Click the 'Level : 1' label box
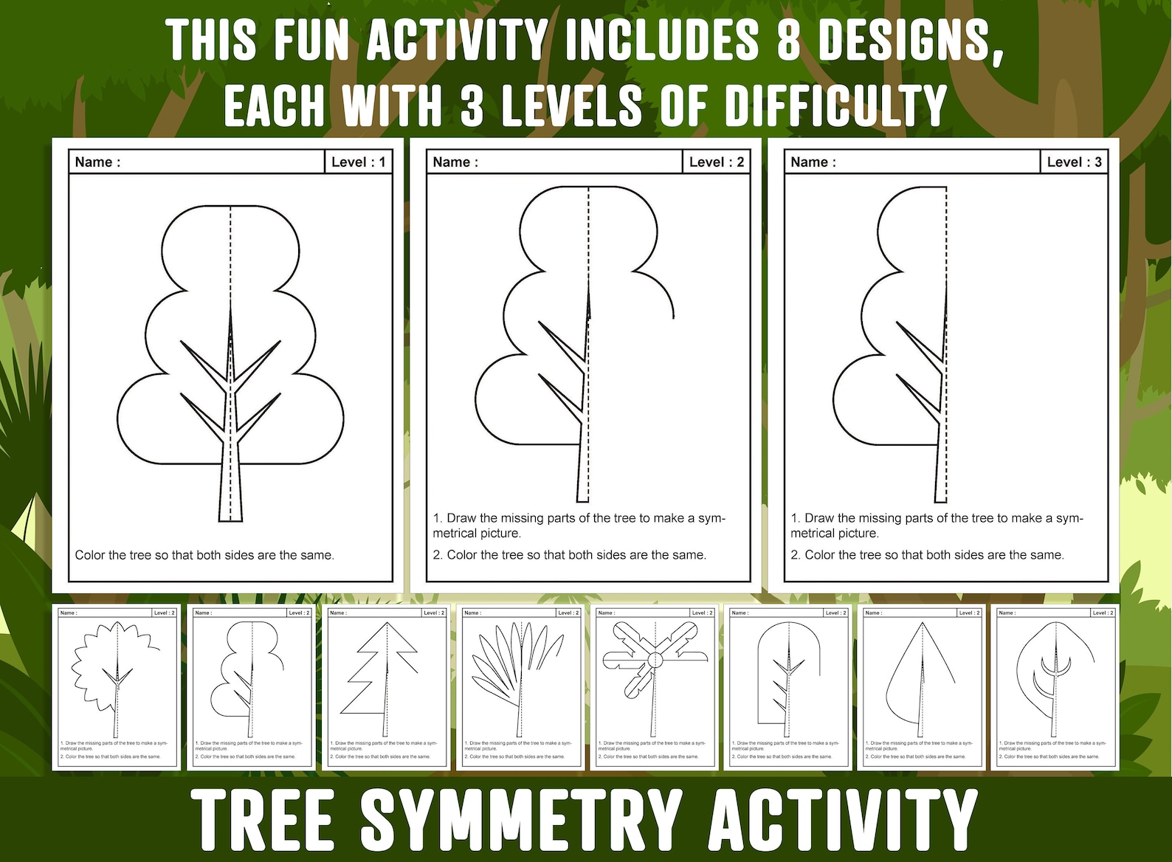coord(358,162)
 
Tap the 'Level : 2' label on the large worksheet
coord(716,162)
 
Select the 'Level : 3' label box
coord(1074,162)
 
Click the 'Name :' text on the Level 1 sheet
coord(97,162)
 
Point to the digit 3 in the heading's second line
coord(472,105)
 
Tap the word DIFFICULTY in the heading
coord(835,105)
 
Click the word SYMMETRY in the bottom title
coord(520,819)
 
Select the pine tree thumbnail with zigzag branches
coord(385,686)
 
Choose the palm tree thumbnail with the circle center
coord(653,686)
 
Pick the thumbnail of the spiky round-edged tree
coord(115,686)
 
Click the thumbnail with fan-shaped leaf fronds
coord(519,686)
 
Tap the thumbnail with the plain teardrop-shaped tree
coord(920,686)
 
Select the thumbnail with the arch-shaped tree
coord(787,686)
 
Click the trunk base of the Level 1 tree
coord(230,509)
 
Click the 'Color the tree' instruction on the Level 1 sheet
coord(204,555)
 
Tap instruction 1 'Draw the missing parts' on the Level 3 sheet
coord(936,525)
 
